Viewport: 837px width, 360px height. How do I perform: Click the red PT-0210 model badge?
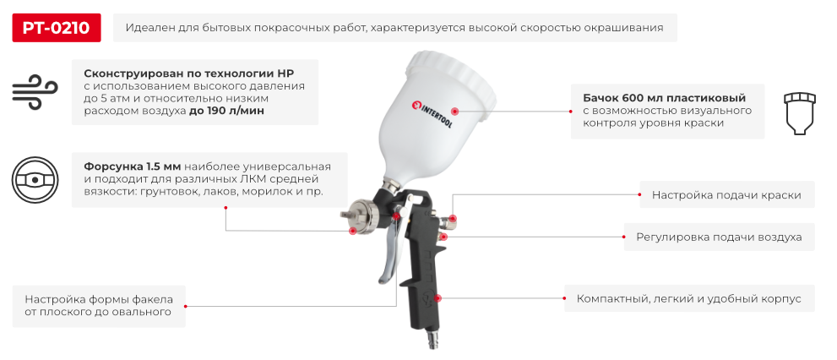[57, 27]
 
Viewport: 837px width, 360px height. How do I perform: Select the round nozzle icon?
[35, 179]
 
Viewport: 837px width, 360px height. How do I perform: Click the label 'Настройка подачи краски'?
[726, 194]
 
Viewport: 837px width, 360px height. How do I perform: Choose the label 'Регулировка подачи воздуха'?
[719, 237]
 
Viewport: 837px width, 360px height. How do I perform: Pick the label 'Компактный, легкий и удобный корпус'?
[688, 298]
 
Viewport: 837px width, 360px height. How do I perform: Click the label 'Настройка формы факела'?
[99, 298]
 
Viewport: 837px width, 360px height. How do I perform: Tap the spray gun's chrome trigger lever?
[389, 254]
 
